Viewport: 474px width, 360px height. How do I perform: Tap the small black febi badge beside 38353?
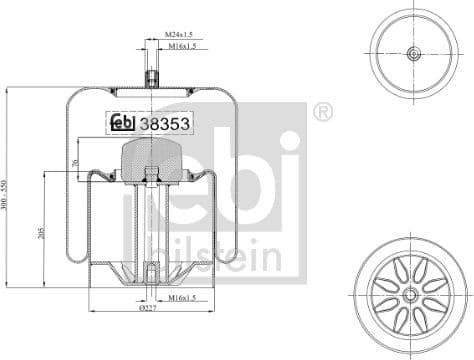(120, 124)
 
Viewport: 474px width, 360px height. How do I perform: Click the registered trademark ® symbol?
(323, 111)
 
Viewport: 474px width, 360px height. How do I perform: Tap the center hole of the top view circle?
(413, 53)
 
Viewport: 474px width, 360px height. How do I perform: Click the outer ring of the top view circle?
(413, 12)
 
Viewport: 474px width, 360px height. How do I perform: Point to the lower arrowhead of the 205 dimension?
(44, 287)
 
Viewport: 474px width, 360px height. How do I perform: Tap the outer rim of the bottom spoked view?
(413, 241)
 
